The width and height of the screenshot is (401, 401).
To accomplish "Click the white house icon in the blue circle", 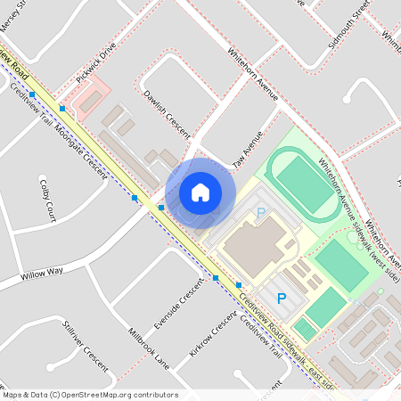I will pos(200,192).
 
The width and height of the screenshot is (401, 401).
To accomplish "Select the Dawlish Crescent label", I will pos(167,113).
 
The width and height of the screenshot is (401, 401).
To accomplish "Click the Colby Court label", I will pos(47,200).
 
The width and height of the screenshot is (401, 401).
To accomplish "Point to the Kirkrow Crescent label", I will pos(213,334).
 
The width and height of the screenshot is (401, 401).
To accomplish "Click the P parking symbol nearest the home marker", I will pos(261,213).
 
